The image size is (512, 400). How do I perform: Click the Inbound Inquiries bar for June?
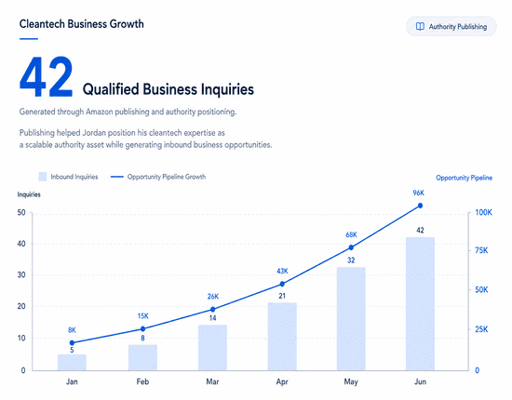click(420, 304)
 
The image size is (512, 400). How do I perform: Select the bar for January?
click(72, 363)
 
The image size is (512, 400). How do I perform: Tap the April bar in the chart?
click(282, 337)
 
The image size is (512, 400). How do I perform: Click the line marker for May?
click(351, 247)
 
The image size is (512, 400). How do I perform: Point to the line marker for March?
click(212, 309)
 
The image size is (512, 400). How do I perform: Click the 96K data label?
click(418, 193)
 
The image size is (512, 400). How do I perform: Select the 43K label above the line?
click(282, 271)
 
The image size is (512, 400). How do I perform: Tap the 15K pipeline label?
click(142, 316)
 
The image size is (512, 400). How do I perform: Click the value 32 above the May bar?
click(351, 260)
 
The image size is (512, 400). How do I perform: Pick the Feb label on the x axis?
click(142, 381)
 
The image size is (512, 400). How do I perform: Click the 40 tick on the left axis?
click(21, 244)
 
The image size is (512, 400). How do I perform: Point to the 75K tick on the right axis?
click(481, 250)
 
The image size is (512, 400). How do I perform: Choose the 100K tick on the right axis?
click(483, 213)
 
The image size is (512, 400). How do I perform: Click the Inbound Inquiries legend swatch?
click(43, 177)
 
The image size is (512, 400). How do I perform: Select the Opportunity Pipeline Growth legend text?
click(167, 177)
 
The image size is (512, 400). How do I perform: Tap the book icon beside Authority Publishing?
click(420, 26)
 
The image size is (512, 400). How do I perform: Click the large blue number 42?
click(46, 77)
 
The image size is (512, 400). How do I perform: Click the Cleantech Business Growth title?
click(82, 24)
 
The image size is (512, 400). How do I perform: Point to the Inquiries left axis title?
click(29, 194)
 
